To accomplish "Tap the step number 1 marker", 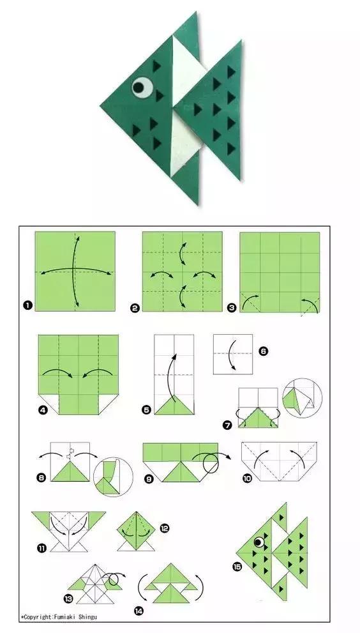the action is pos(27,305).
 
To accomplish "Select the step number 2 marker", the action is pos(135,309).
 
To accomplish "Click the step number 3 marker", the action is pos(232,309).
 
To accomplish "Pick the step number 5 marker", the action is pos(146,410).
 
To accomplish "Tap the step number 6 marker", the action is pos(263,351).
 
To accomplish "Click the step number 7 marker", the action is pos(228,425).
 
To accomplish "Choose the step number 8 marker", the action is pos(41,478).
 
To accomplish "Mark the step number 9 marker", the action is pos(149,479).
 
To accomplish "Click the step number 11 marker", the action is pos(41,548).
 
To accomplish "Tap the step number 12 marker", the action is pos(165,528).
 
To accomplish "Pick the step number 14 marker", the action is pos(139,611).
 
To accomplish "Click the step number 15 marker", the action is pos(237,567).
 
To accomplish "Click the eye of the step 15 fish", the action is pos(259,542).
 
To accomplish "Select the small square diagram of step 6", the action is pos(233,354).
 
